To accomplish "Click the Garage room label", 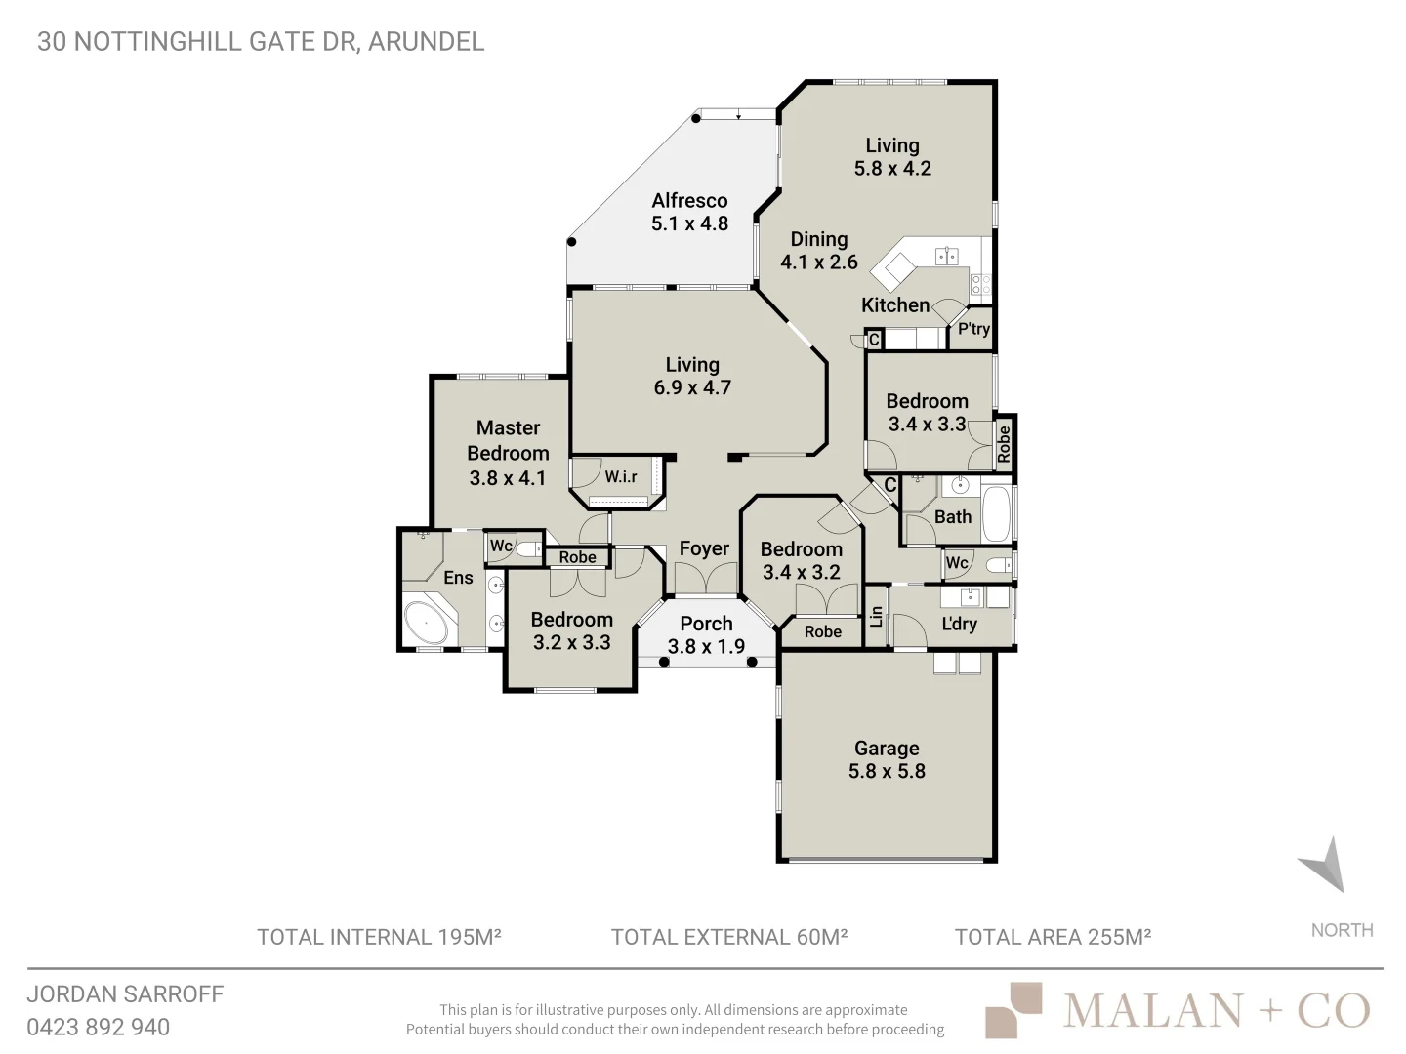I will coord(887,759).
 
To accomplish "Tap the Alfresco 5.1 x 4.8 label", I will coord(689,212).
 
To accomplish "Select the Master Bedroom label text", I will coord(508,453).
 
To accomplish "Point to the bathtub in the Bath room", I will coord(995,512).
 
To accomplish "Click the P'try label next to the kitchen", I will coord(973,329).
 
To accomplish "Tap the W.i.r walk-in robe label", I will coord(621,476).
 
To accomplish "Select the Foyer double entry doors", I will coord(704,580).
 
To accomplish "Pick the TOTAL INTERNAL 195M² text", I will coord(379,937).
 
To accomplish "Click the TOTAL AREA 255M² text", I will coord(1053,937).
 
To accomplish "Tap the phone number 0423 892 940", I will coord(98,1027).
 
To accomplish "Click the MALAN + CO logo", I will coord(1178,1010).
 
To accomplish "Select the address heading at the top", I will coord(261,41).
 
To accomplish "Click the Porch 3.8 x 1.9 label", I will coord(706,634).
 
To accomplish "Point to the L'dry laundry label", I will coord(959,624).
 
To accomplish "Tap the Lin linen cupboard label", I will coord(876,617).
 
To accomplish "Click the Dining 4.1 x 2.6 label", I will coord(818,250).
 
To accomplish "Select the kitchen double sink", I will coord(946,257).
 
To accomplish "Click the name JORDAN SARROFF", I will coord(125,993).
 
